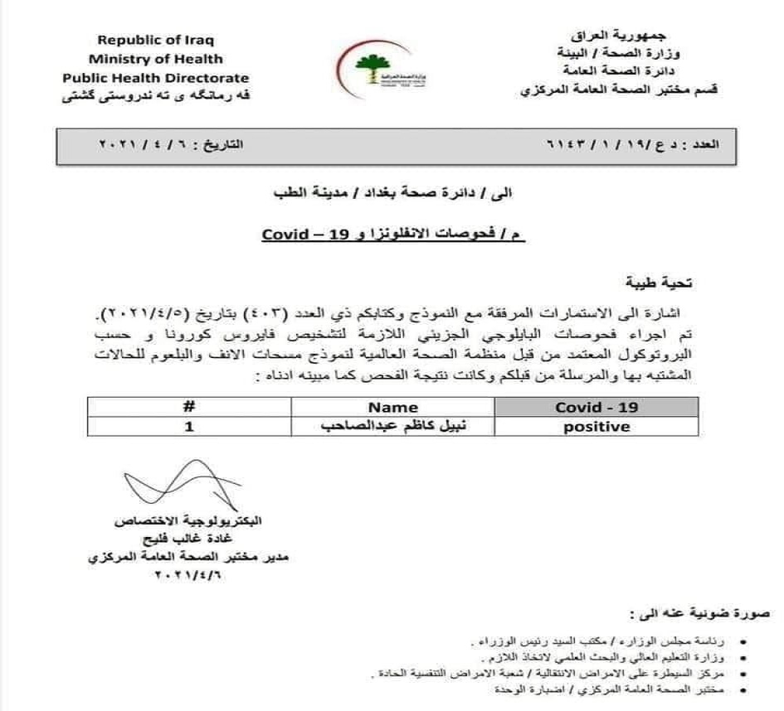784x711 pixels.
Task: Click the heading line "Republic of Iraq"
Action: tap(156, 40)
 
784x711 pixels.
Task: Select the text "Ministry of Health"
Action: tap(156, 59)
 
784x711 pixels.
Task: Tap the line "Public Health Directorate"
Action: tap(156, 78)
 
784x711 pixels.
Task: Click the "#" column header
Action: tap(188, 407)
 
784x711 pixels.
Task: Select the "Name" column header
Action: tap(393, 407)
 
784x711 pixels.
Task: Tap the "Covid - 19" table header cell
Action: tap(596, 407)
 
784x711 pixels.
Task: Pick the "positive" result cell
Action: tap(596, 427)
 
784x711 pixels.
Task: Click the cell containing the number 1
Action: tap(188, 427)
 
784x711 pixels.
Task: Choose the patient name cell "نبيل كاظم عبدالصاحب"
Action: tap(393, 427)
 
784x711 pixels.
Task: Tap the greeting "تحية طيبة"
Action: tap(662, 283)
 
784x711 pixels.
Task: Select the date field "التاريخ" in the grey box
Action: tap(170, 144)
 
